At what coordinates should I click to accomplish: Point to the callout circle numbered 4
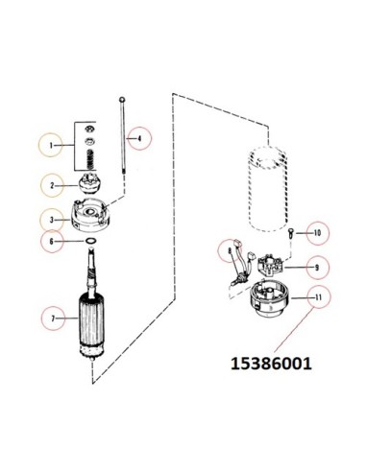click(x=139, y=138)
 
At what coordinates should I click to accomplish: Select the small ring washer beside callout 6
click(x=90, y=242)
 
